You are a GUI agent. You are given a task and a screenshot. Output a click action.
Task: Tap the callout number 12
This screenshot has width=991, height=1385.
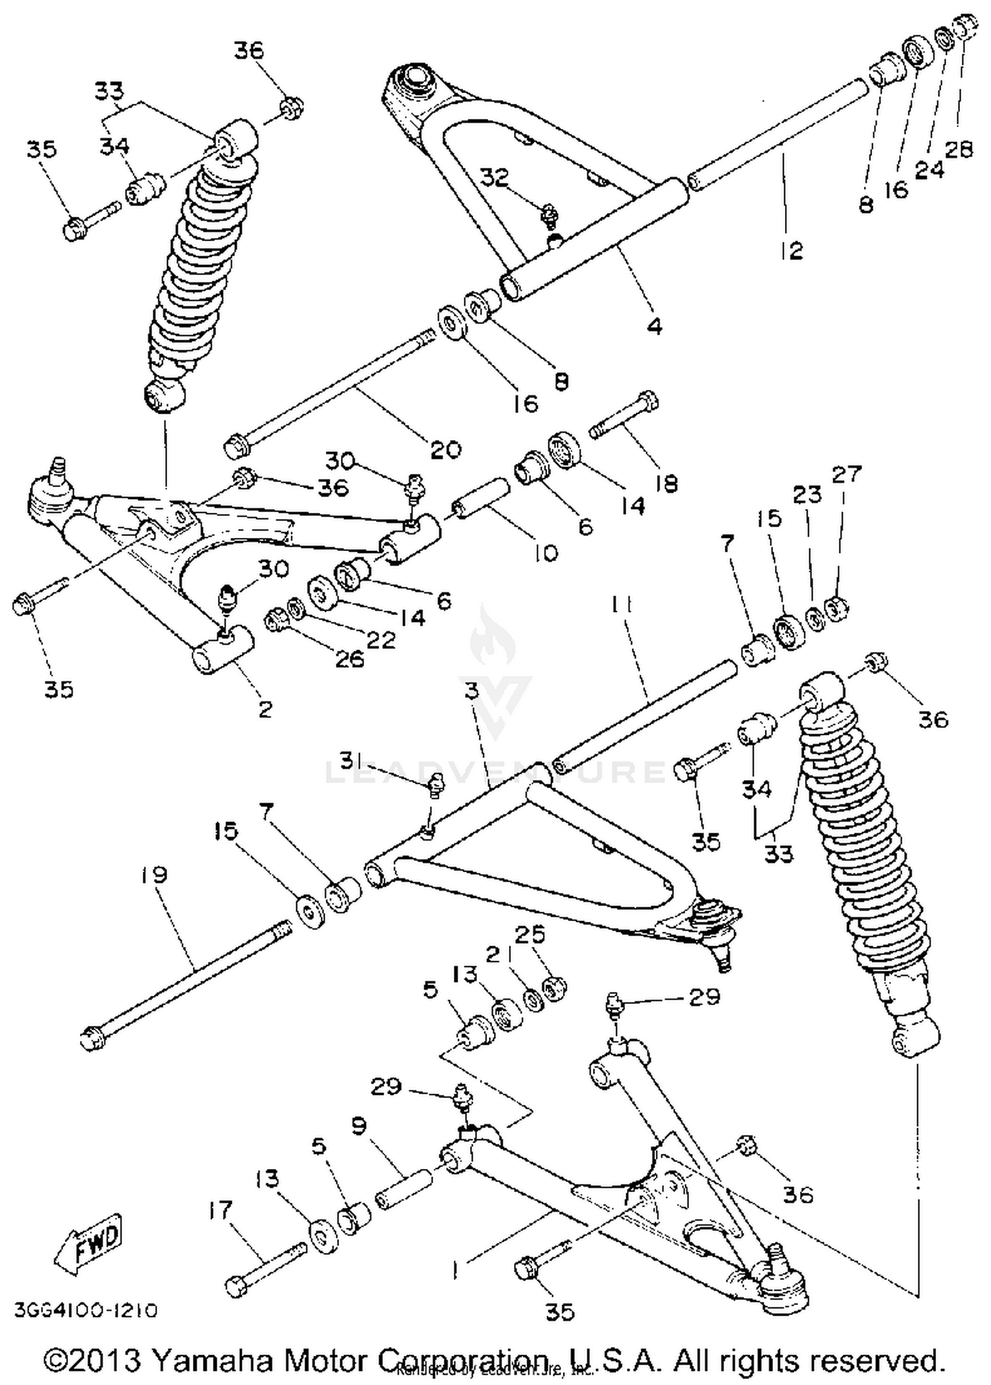[792, 250]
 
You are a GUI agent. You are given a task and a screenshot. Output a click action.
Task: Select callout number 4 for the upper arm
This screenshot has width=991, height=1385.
[654, 325]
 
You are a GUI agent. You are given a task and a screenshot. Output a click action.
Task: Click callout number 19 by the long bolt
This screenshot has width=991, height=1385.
[154, 876]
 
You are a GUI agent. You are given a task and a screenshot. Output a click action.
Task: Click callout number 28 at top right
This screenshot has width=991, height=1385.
[959, 149]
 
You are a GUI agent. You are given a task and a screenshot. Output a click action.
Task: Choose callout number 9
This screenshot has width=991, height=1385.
[360, 1126]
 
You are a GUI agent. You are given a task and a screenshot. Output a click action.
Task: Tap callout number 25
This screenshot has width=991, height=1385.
[531, 934]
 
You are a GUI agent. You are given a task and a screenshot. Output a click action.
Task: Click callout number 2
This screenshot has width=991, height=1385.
[265, 710]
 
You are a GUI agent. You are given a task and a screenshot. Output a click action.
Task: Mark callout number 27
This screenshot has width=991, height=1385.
[847, 474]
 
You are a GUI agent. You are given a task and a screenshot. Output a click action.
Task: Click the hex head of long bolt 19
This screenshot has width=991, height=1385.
[91, 1038]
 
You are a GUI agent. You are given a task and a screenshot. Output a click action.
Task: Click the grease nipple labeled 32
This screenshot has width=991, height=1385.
[548, 213]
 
